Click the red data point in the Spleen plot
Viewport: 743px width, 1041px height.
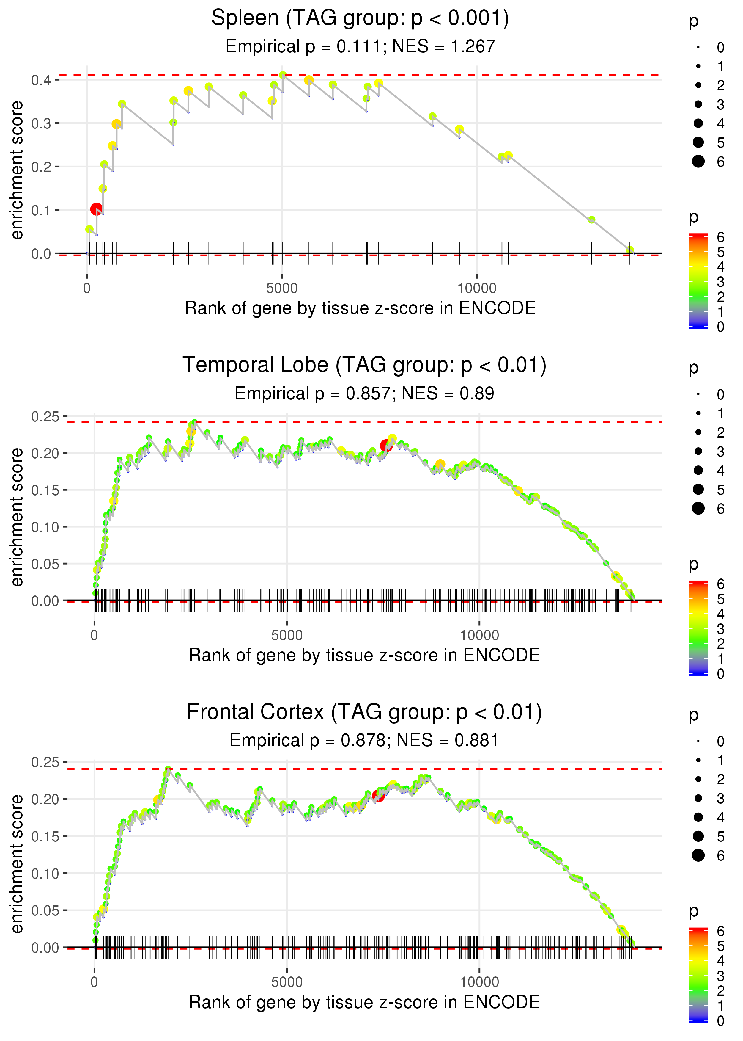click(x=96, y=209)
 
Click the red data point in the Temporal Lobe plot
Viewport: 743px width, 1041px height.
click(x=386, y=446)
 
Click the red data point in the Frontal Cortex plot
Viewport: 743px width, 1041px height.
click(x=378, y=796)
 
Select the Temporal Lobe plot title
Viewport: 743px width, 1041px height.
click(x=364, y=365)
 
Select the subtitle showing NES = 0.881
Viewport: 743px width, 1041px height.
click(x=364, y=740)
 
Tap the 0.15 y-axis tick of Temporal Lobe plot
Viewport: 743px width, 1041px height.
click(x=45, y=490)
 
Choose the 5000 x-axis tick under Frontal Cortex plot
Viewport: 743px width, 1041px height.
click(x=287, y=982)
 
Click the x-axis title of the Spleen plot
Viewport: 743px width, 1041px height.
click(x=360, y=308)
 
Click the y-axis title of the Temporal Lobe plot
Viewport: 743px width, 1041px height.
click(x=17, y=517)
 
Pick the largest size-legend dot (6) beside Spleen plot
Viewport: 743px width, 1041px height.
click(x=698, y=161)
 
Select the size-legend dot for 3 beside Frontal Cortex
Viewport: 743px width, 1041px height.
click(x=698, y=798)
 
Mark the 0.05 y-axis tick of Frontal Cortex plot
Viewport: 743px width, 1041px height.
click(x=45, y=910)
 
